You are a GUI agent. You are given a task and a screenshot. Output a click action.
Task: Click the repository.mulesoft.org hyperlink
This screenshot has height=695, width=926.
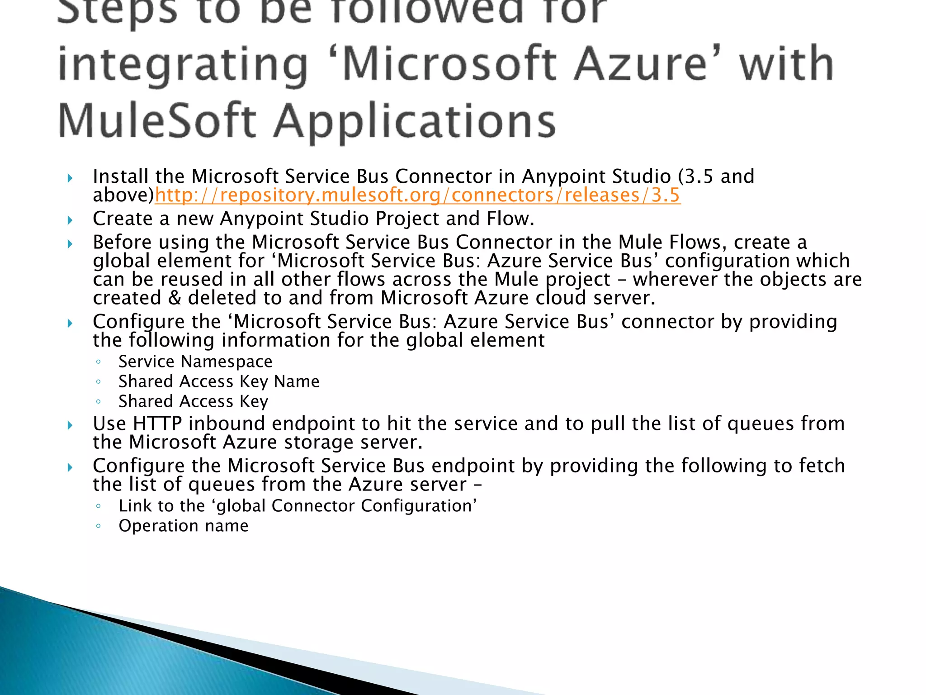[x=417, y=195]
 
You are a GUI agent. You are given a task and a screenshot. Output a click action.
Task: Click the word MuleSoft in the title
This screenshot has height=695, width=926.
[x=157, y=121]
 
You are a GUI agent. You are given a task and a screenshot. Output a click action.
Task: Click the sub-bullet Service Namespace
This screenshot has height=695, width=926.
[x=195, y=362]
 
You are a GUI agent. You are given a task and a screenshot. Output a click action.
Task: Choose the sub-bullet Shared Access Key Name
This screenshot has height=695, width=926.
[x=219, y=381]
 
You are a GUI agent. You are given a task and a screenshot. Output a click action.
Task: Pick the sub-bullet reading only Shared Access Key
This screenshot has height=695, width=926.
[x=193, y=401]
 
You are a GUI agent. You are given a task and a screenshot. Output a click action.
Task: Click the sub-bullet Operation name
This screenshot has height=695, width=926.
[x=183, y=526]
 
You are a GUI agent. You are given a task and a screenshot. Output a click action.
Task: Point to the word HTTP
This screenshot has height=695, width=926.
[x=157, y=424]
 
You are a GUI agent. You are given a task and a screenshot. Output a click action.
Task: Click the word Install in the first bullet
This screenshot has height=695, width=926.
[x=120, y=176]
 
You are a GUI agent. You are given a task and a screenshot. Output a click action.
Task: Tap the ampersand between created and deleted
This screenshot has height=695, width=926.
[x=174, y=298]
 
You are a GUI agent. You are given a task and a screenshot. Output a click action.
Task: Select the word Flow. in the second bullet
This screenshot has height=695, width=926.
[x=510, y=219]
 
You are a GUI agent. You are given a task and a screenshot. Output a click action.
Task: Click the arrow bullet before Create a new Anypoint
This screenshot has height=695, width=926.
[x=70, y=220]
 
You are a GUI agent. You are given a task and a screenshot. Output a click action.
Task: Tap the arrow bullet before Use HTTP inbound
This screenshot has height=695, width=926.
[x=70, y=425]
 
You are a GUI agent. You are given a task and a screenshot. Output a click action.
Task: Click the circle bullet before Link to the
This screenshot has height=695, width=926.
[x=98, y=506]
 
